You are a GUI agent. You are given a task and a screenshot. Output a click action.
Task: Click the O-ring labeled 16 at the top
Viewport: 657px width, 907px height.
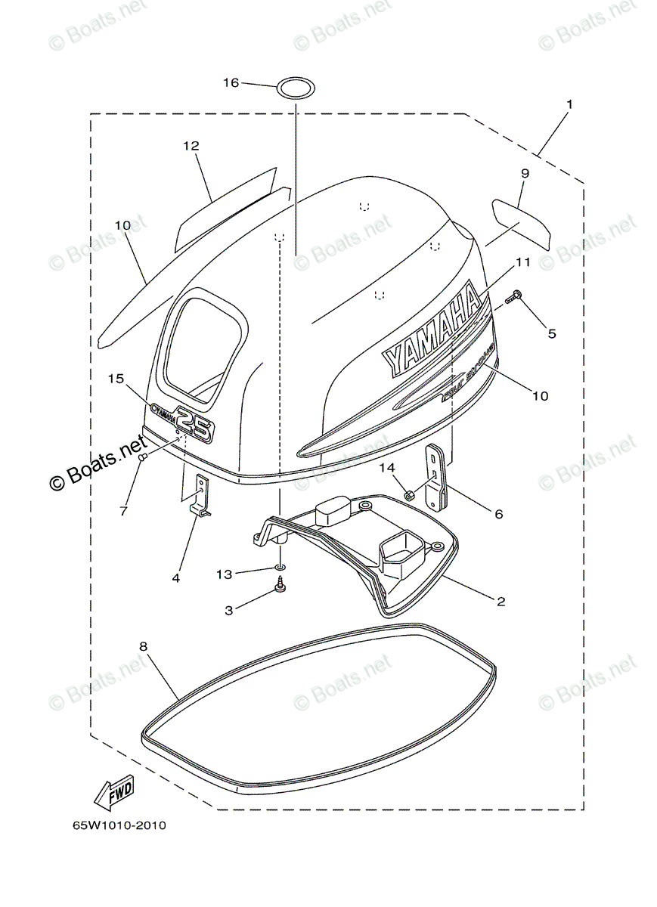pos(295,88)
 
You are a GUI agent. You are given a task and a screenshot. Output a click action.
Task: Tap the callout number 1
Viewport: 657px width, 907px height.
pos(569,103)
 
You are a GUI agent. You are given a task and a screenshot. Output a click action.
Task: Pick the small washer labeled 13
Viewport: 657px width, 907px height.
pos(280,567)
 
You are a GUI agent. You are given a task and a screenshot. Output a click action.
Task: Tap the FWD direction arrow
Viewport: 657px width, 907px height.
pos(113,794)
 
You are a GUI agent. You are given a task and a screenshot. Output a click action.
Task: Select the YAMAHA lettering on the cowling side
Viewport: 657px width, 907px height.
pos(431,330)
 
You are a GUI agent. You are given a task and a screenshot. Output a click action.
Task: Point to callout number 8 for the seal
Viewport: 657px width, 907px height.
pos(143,645)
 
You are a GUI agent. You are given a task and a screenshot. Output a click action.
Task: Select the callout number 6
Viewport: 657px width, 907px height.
pos(498,514)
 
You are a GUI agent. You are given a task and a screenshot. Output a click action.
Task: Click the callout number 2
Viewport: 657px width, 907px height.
pos(500,602)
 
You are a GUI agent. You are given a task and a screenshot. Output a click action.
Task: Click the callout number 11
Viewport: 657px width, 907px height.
pos(523,262)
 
